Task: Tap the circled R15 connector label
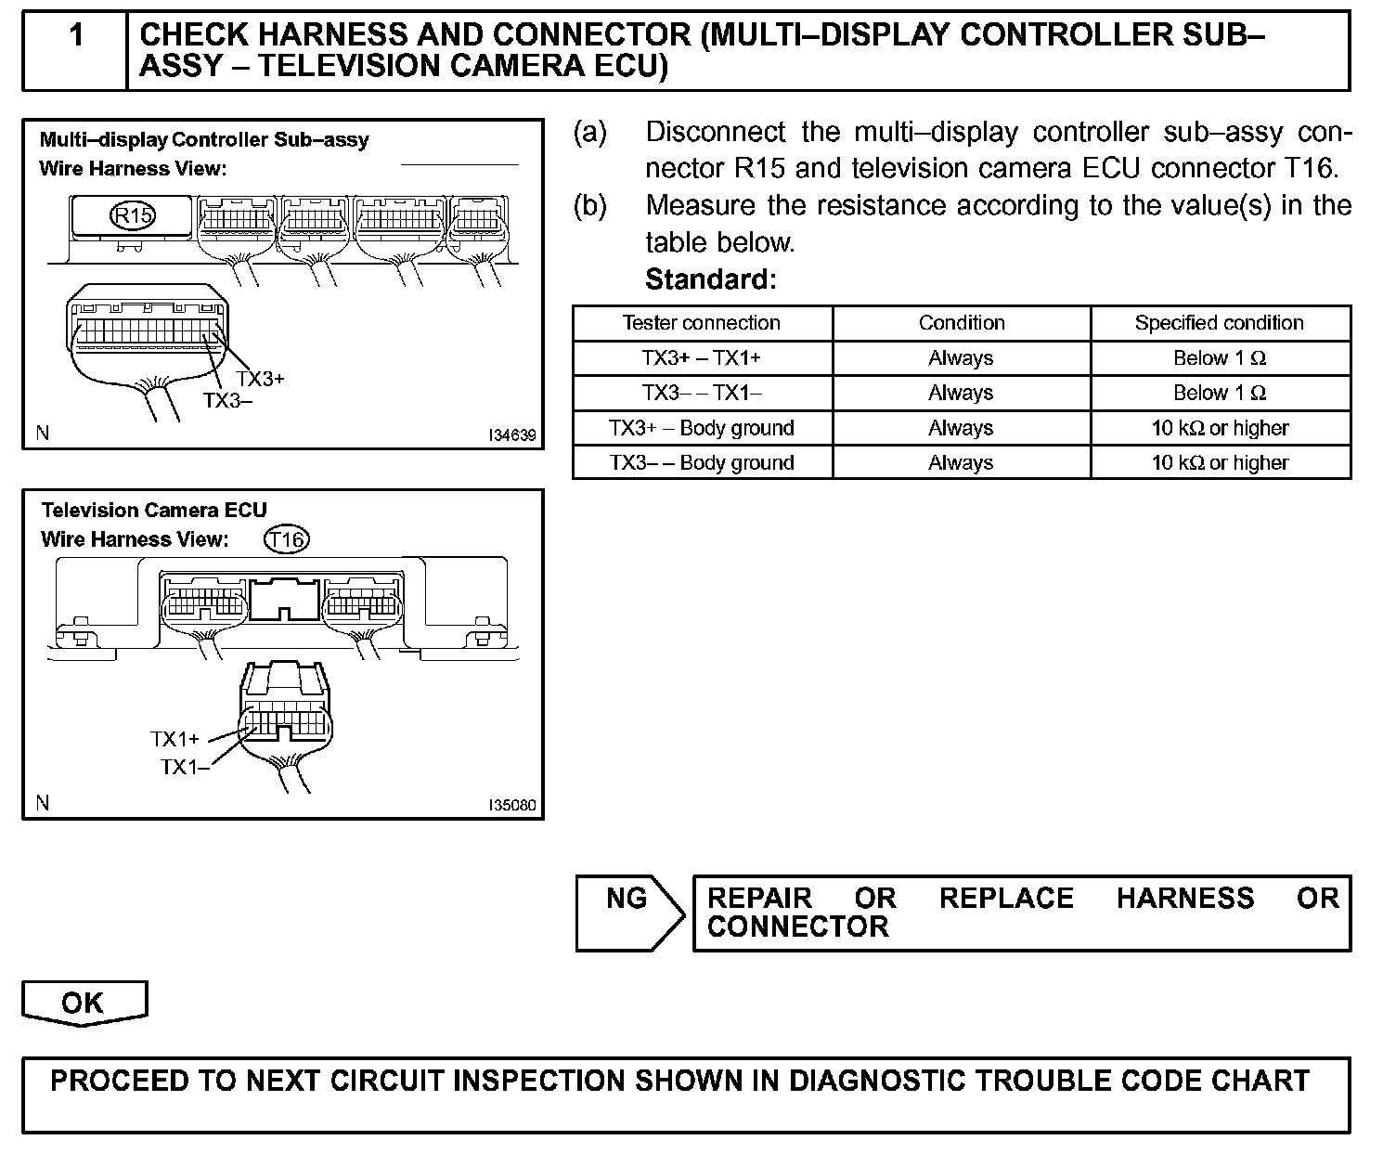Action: click(x=133, y=215)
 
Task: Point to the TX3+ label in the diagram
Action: click(x=260, y=379)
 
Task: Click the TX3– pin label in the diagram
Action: click(x=227, y=400)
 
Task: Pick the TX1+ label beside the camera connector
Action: click(x=174, y=739)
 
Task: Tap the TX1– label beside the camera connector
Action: click(x=184, y=767)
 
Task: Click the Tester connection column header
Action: click(x=701, y=323)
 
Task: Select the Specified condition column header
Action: click(x=1219, y=323)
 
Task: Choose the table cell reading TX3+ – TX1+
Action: click(x=701, y=358)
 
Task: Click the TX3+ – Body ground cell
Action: click(x=701, y=428)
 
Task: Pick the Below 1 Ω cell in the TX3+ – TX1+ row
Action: click(x=1219, y=358)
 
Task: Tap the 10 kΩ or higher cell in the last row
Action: click(x=1219, y=462)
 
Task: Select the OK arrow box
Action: click(x=83, y=1003)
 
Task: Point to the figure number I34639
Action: click(x=512, y=434)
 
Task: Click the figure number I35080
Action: click(x=512, y=805)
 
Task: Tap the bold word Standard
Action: click(x=710, y=279)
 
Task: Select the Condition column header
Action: click(x=961, y=323)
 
